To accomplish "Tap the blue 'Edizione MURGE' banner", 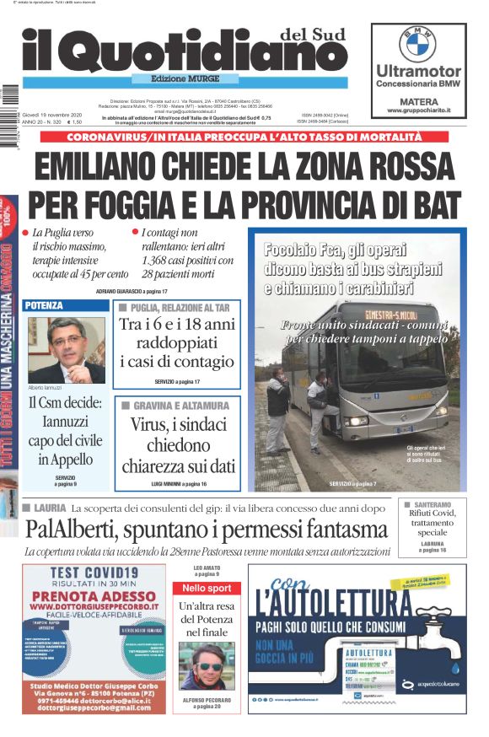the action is point(186,78).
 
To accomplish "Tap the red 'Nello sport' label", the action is point(206,588).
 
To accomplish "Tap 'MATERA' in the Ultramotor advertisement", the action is point(417,98).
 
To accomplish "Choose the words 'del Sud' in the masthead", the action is point(307,33).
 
